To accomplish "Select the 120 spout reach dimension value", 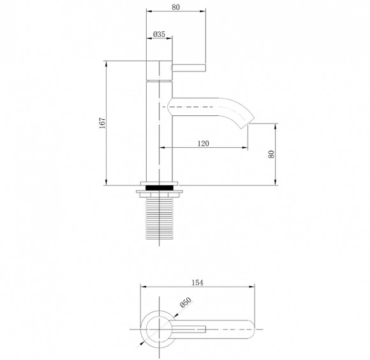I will (204, 143).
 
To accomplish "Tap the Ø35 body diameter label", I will (159, 34).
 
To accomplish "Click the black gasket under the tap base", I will (159, 188).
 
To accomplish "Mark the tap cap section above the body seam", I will (159, 70).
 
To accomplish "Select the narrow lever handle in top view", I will (191, 330).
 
